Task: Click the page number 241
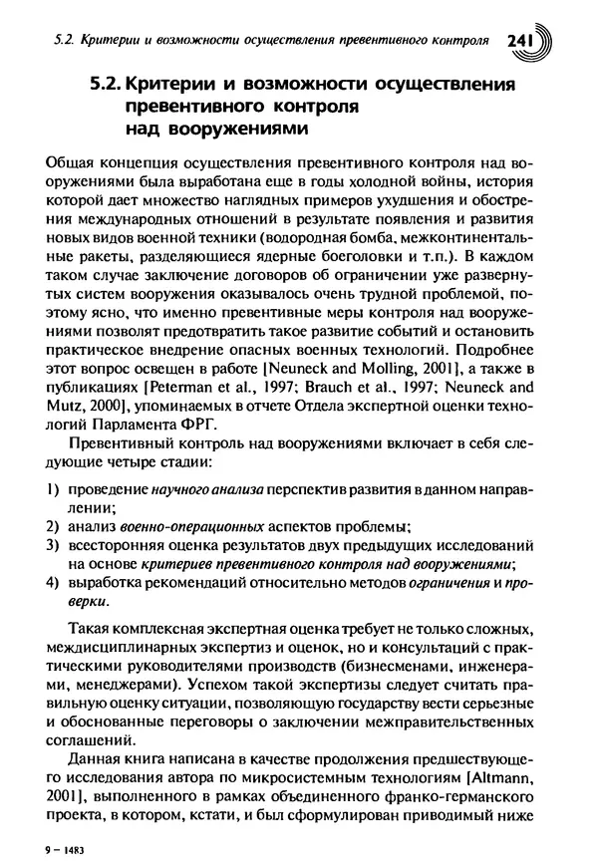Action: [522, 41]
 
